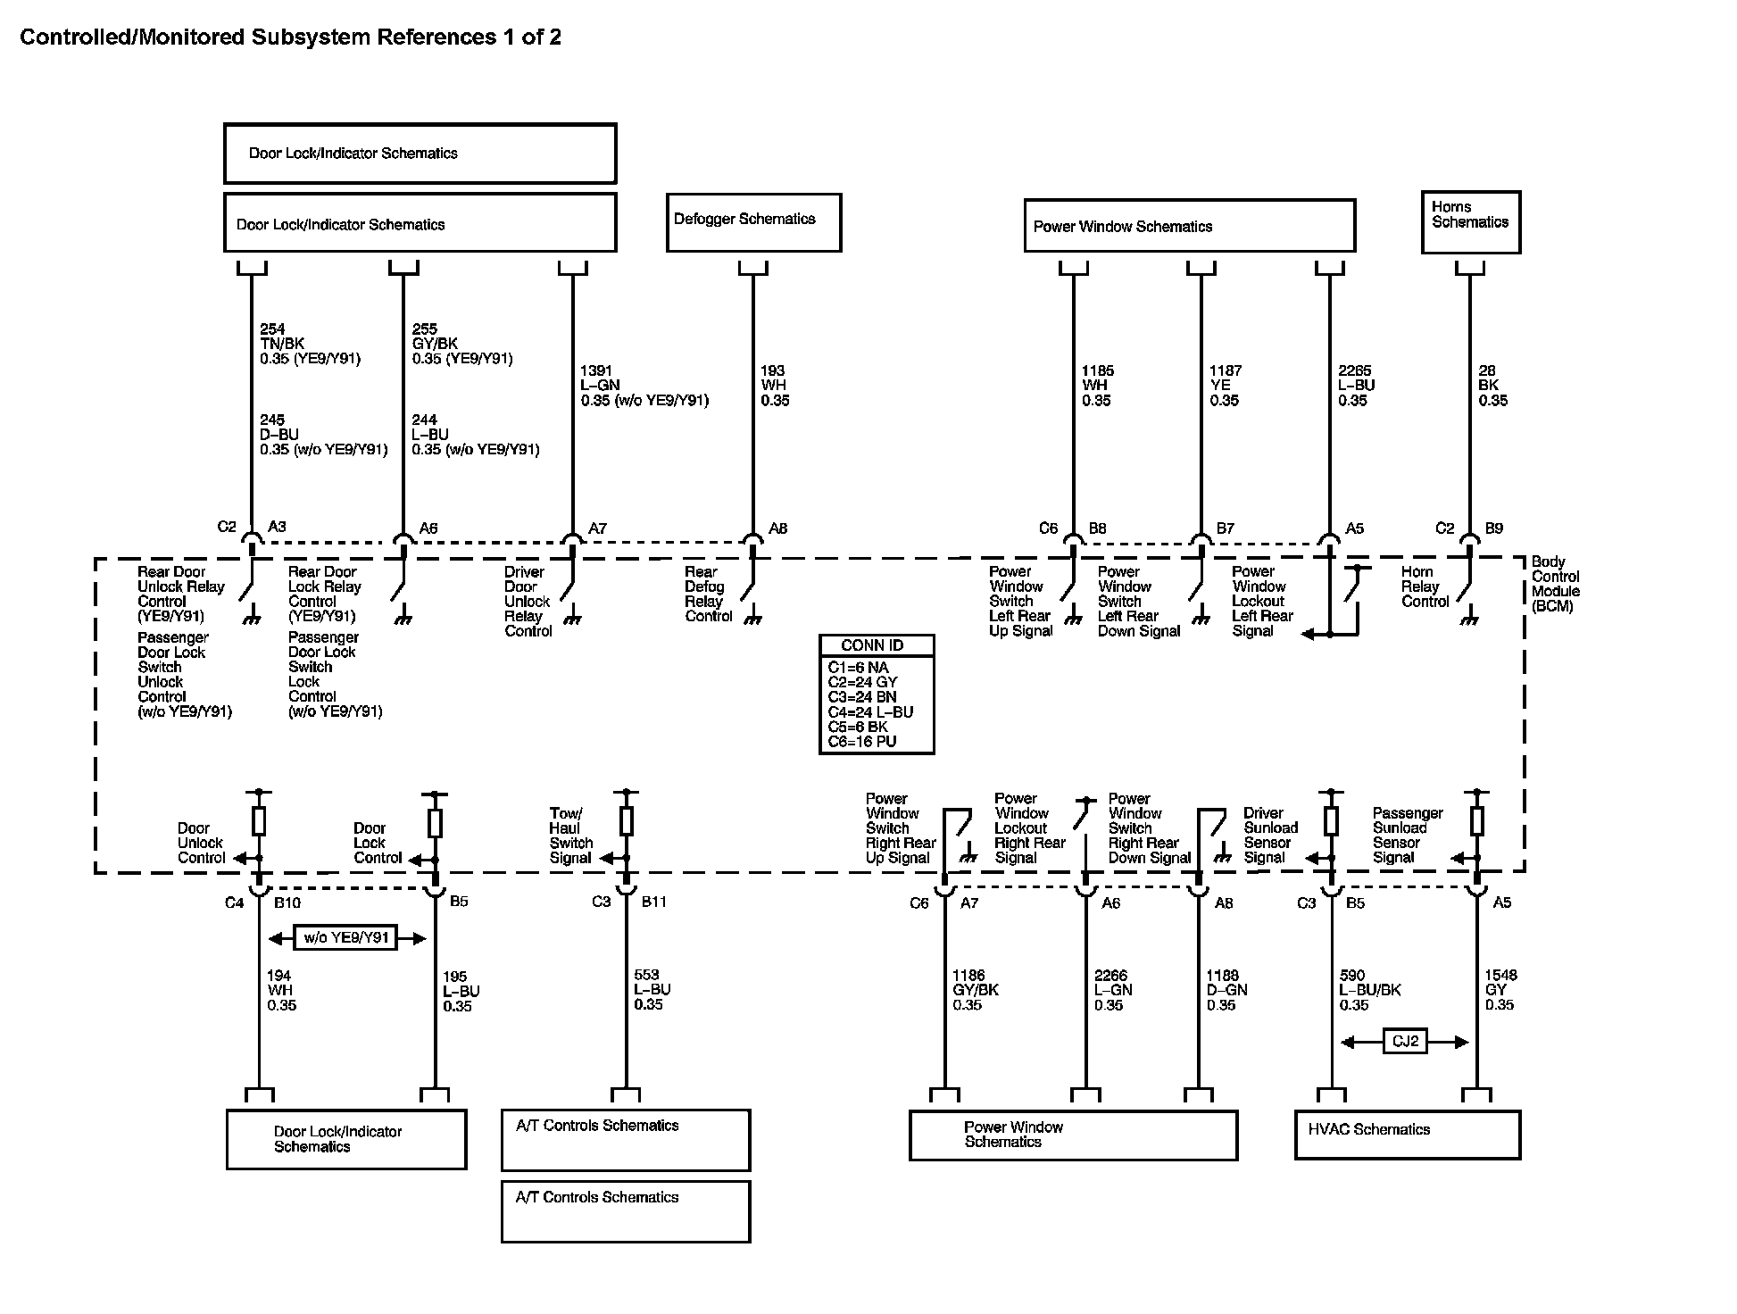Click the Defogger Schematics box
click(x=753, y=222)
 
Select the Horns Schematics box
click(x=1470, y=221)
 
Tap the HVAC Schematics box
click(x=1407, y=1134)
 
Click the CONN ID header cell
click(x=876, y=645)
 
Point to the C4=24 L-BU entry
click(x=870, y=712)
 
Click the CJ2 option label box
click(x=1405, y=1042)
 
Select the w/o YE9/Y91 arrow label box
click(x=346, y=938)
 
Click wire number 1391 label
click(x=596, y=370)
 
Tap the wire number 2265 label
click(x=1354, y=370)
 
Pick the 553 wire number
click(x=646, y=976)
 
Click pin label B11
click(x=654, y=902)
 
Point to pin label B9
click(x=1493, y=528)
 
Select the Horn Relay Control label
click(x=1425, y=586)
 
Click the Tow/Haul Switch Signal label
click(x=570, y=836)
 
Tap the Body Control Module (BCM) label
click(x=1555, y=584)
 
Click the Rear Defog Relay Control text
click(x=708, y=594)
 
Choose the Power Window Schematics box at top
click(x=1189, y=226)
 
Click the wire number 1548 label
click(x=1500, y=976)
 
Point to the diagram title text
click(x=291, y=37)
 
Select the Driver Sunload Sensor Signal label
click(x=1269, y=836)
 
